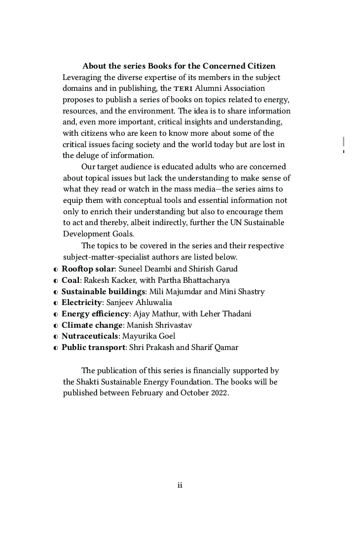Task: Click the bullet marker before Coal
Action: coord(56,281)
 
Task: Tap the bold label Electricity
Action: coord(81,303)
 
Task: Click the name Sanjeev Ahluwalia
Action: coord(139,303)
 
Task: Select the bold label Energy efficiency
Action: coord(95,314)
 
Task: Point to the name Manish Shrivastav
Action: coord(159,325)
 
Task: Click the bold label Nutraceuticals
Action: coord(90,336)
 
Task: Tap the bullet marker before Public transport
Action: coord(56,348)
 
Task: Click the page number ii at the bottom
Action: coord(180,485)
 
